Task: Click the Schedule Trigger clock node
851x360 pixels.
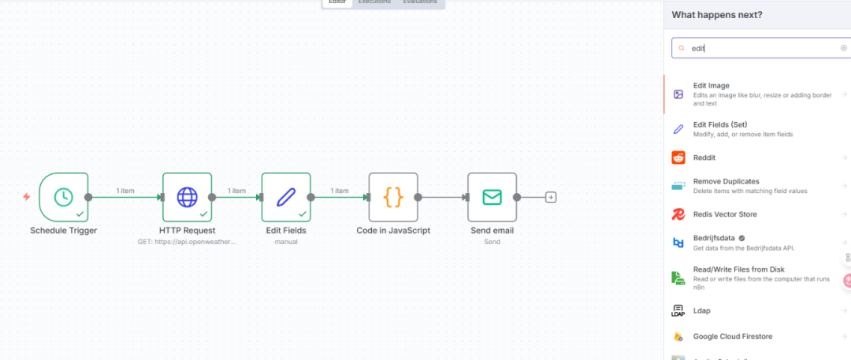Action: pyautogui.click(x=64, y=197)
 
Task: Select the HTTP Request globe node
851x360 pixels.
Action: pyautogui.click(x=187, y=197)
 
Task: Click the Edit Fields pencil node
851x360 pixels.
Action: pyautogui.click(x=286, y=197)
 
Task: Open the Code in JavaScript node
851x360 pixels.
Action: pyautogui.click(x=392, y=197)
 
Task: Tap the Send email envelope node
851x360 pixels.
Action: pyautogui.click(x=492, y=197)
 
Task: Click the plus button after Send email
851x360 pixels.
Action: pyautogui.click(x=551, y=197)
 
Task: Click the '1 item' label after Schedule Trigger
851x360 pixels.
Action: pyautogui.click(x=124, y=191)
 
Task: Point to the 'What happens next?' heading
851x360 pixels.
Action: pyautogui.click(x=716, y=15)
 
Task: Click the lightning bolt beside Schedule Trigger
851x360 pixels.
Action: pyautogui.click(x=27, y=197)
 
